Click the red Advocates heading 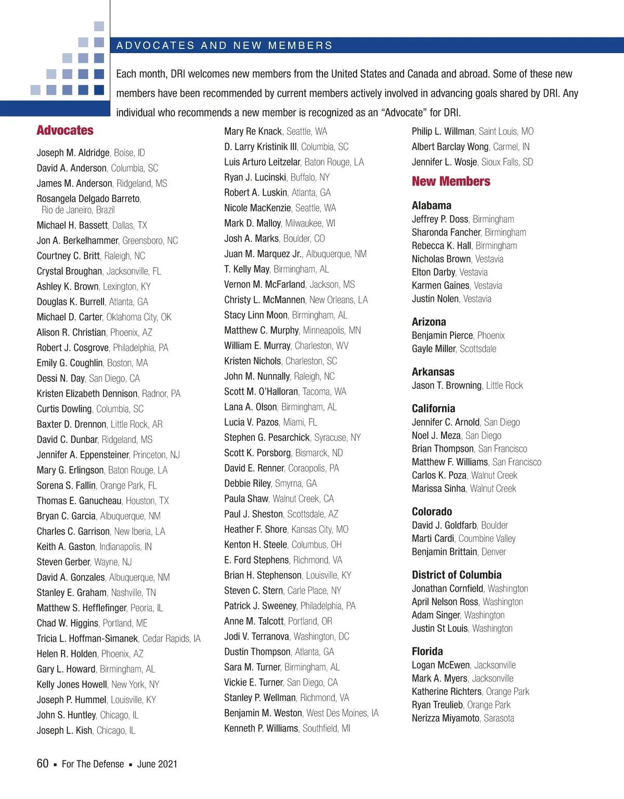click(x=65, y=131)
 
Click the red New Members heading click(x=451, y=182)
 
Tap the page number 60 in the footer click(x=43, y=764)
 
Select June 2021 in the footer click(x=157, y=764)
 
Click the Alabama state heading click(x=432, y=206)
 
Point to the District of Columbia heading click(x=457, y=575)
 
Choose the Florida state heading click(x=427, y=652)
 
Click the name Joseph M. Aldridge click(x=73, y=153)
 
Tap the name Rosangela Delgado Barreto click(x=88, y=199)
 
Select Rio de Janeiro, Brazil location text click(x=78, y=210)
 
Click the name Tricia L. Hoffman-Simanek click(x=87, y=639)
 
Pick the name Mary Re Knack click(x=253, y=132)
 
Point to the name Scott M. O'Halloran click(x=261, y=392)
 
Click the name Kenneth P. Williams click(x=261, y=729)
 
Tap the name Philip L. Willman click(x=443, y=132)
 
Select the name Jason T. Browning click(x=447, y=386)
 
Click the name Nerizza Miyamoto click(x=446, y=718)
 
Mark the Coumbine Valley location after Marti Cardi click(x=487, y=539)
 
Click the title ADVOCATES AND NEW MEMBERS click(x=224, y=46)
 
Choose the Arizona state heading click(x=429, y=322)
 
